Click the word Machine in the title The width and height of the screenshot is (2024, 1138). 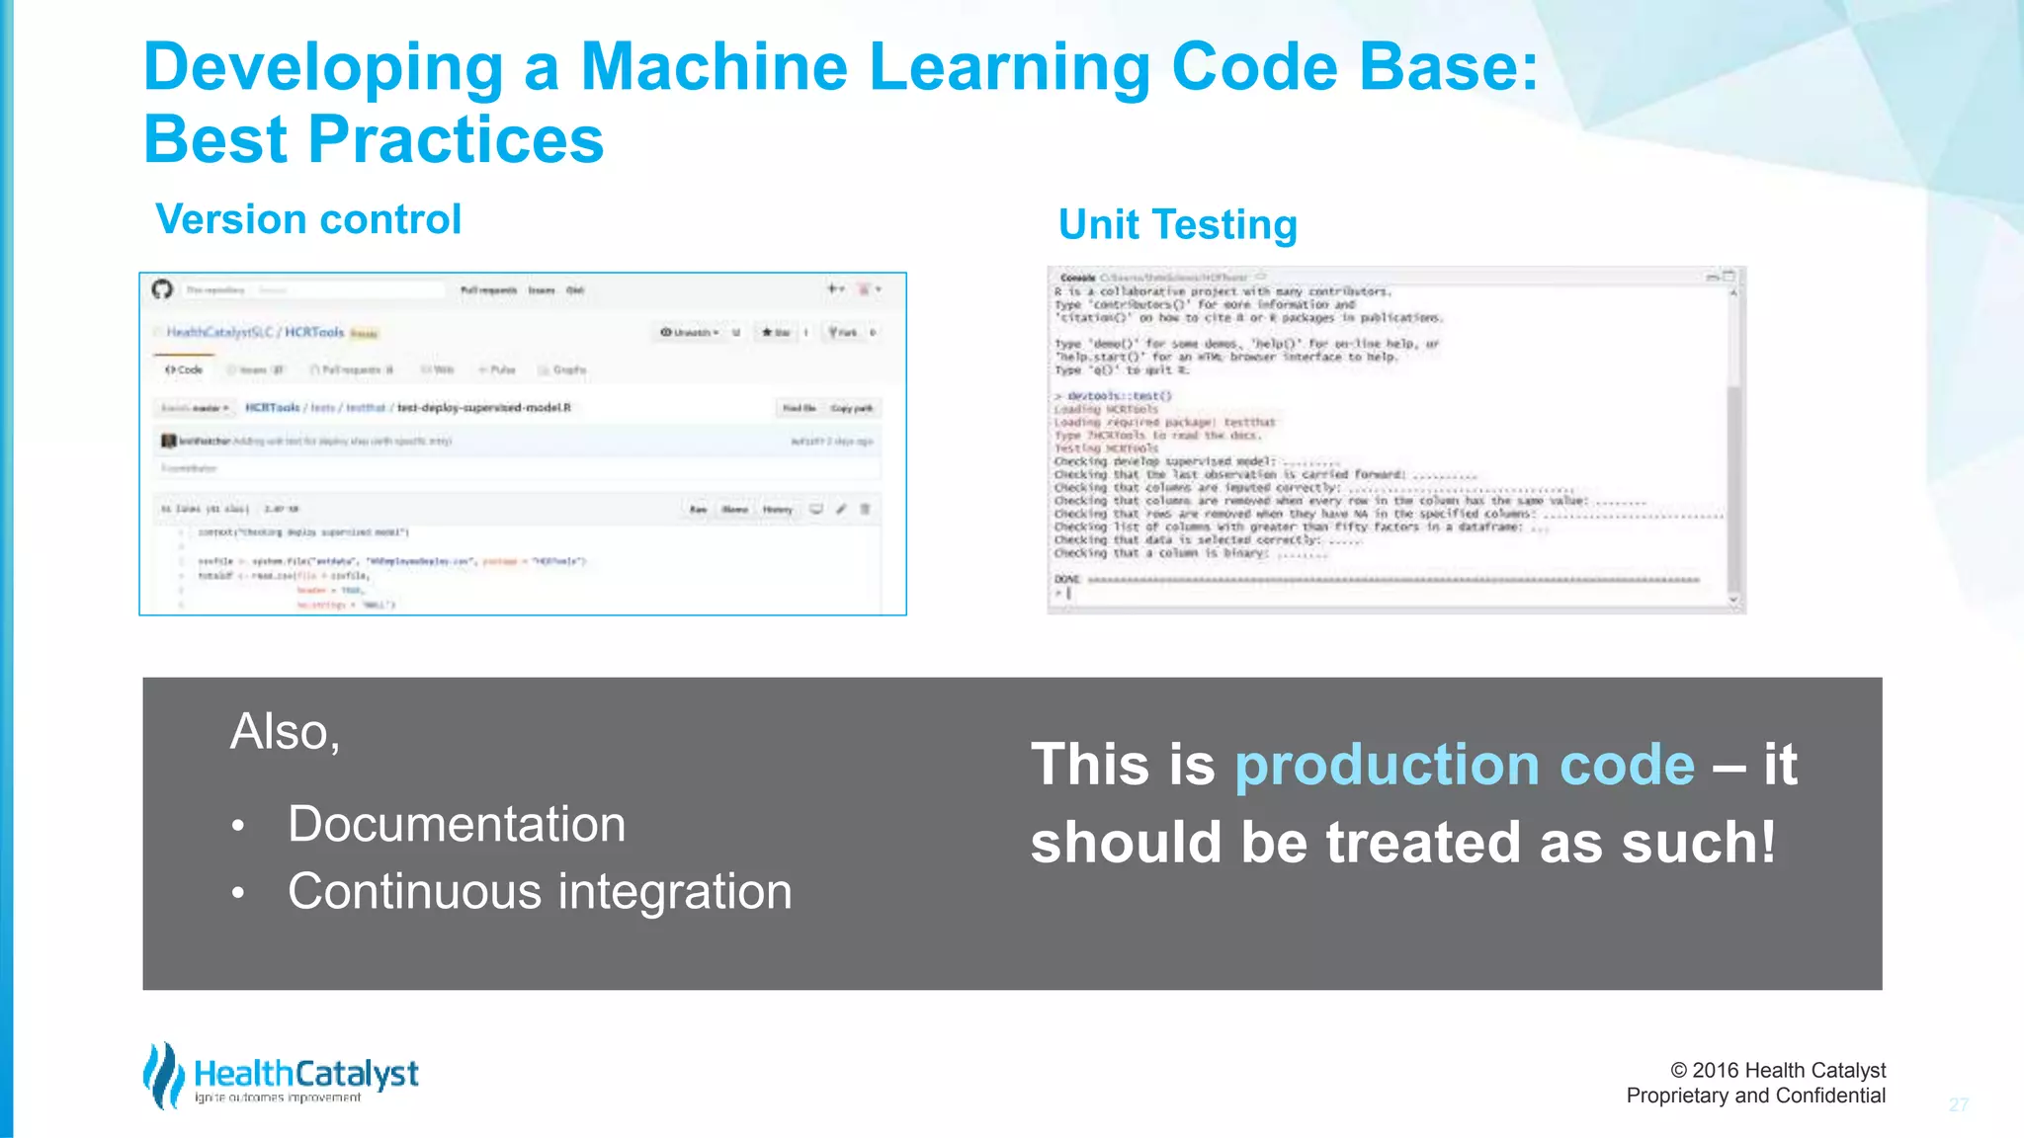(x=714, y=67)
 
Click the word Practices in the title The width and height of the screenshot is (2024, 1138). (x=456, y=139)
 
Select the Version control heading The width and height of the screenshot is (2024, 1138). (x=308, y=219)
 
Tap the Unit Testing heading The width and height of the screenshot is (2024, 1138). (x=1177, y=225)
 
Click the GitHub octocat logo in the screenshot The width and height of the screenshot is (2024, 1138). (x=162, y=289)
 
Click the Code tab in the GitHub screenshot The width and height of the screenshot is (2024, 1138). (x=185, y=369)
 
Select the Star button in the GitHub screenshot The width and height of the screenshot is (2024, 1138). (x=776, y=333)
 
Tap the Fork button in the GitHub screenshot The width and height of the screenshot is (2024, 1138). (x=843, y=333)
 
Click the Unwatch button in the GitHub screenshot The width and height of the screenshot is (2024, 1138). (x=690, y=333)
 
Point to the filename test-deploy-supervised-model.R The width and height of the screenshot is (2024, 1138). (x=483, y=408)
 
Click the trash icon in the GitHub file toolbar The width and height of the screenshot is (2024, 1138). (x=865, y=510)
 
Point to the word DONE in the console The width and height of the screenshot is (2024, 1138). (x=1067, y=580)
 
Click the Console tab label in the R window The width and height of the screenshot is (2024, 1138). (x=1077, y=278)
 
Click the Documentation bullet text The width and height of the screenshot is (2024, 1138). (x=457, y=824)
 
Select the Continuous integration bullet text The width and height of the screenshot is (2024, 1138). (x=540, y=891)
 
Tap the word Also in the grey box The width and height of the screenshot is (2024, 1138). (x=284, y=732)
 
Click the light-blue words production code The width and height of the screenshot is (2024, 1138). (x=1465, y=765)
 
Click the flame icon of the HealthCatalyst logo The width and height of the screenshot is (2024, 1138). (x=163, y=1075)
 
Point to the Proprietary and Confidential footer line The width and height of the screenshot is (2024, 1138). (x=1755, y=1096)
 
